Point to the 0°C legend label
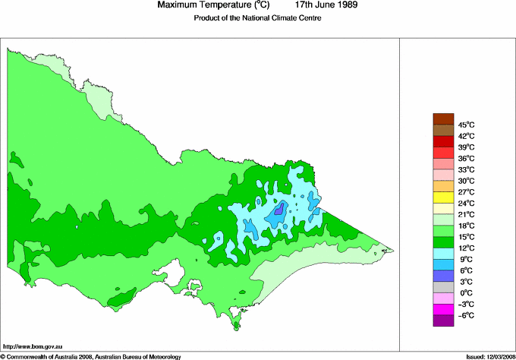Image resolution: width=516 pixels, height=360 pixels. point(465,292)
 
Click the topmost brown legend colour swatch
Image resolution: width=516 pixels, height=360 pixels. point(442,118)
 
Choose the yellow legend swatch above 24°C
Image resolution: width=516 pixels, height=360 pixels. point(442,197)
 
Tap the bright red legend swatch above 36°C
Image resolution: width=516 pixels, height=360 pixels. point(442,152)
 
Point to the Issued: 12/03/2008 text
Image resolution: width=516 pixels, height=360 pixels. point(488,355)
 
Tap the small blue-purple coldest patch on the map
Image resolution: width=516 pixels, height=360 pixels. point(278,208)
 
